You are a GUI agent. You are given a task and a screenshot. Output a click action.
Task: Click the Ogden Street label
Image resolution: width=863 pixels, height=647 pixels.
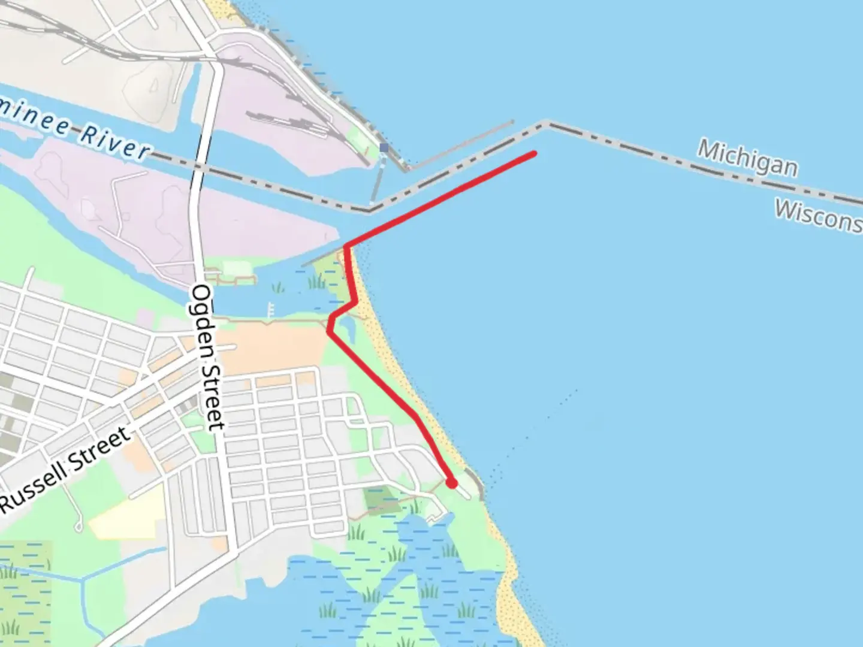coord(208,357)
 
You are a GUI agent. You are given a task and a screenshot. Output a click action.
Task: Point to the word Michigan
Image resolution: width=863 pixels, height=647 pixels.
coord(747,158)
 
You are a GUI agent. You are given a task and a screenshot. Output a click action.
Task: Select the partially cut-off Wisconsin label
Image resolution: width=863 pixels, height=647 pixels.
coord(819,214)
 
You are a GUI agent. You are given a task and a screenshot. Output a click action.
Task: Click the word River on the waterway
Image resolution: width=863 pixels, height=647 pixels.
coord(114,142)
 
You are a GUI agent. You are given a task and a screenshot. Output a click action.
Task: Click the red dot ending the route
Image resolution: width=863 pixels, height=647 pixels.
coord(451,483)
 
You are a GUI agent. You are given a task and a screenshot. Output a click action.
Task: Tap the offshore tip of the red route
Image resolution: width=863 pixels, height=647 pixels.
coord(534,154)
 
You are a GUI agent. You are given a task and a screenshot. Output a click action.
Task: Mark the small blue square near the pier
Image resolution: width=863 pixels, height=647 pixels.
coord(384,147)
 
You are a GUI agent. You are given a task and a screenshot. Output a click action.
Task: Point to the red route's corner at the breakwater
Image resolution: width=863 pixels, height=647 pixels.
coord(347,246)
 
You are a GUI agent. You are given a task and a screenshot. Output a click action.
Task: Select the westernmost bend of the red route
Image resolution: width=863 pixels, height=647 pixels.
coord(329,330)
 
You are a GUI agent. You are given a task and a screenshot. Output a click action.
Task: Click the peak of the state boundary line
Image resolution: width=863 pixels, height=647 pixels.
coord(545,124)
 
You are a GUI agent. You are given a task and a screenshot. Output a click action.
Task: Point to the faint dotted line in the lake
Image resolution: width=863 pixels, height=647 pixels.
coord(539,419)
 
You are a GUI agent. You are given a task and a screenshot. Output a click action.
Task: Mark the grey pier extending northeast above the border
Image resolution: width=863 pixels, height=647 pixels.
coord(461,146)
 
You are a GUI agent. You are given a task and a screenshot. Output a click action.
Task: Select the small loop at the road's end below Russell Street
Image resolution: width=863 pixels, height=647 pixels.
coord(79,527)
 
